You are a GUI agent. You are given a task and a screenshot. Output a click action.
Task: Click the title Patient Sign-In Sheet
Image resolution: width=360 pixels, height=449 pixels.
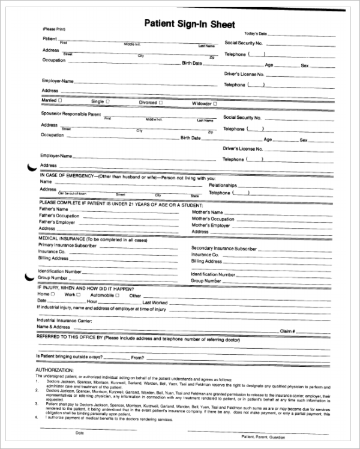[x=190, y=23]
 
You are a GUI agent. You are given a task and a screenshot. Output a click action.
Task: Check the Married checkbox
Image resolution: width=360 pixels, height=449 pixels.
[x=59, y=100]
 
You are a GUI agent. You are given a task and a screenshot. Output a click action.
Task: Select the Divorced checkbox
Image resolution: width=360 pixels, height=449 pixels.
[x=161, y=102]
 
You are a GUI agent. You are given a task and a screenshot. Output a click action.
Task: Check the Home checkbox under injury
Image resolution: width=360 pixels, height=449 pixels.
[x=53, y=294]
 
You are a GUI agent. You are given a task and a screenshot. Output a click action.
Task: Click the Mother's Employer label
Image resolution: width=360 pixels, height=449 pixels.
[x=211, y=225]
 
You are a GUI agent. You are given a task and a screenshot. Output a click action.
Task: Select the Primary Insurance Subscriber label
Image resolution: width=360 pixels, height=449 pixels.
[x=67, y=245]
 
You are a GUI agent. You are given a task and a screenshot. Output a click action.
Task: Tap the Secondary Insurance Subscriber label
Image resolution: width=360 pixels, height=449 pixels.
[x=224, y=248]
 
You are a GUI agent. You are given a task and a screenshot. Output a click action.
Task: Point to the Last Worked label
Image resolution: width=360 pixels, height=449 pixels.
[x=155, y=303]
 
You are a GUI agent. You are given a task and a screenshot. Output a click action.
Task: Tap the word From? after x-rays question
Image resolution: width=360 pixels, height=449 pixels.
[x=137, y=358]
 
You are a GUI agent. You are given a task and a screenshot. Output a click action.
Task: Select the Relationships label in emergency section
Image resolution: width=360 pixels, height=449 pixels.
[x=223, y=185]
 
